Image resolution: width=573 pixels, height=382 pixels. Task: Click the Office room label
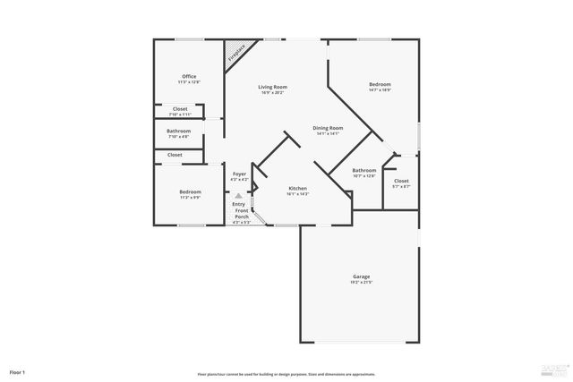(189, 77)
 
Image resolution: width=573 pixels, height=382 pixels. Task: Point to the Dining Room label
(328, 128)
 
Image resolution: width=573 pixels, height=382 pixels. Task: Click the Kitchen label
(297, 189)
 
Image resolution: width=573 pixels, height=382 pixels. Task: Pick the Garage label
(361, 276)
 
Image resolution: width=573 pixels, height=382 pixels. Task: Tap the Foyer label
(239, 174)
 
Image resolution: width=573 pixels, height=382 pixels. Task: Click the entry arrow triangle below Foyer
(238, 197)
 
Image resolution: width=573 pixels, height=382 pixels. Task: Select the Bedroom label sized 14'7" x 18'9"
(380, 84)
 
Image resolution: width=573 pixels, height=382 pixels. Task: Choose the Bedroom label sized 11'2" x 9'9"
(190, 191)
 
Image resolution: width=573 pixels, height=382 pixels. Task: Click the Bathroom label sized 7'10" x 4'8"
(179, 132)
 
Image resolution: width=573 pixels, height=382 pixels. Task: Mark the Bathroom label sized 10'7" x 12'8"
(363, 170)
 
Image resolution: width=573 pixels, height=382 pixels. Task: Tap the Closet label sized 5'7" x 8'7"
(401, 182)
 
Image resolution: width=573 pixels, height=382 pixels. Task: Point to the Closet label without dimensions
(175, 155)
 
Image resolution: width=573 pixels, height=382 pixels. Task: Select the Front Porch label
(242, 214)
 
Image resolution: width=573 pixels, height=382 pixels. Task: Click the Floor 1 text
(17, 371)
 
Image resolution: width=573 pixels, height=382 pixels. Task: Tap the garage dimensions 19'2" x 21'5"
(361, 283)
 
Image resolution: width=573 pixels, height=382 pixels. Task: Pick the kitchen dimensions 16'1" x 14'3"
(297, 194)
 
